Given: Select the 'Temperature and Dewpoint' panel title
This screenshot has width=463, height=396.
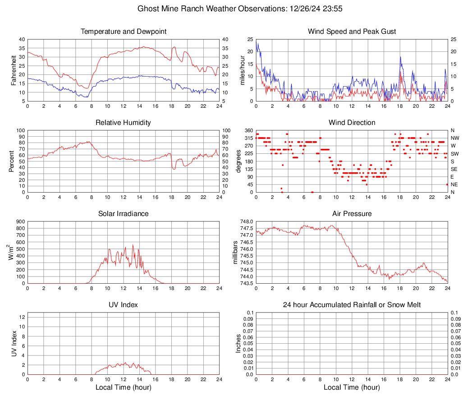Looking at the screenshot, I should [124, 32].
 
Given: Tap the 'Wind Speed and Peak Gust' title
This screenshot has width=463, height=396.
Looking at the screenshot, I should [352, 32].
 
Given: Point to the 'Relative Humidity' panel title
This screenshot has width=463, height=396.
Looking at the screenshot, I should [124, 123].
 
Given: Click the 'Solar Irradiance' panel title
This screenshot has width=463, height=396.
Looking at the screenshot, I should [124, 214].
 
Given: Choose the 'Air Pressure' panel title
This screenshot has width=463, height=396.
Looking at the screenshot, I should [352, 214].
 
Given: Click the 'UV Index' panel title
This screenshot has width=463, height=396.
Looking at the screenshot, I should [124, 305].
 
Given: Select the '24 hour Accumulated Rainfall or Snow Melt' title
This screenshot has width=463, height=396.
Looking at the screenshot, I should [352, 305].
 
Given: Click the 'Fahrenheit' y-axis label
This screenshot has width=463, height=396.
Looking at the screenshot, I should [12, 70].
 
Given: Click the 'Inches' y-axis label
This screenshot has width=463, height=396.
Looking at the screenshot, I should [239, 343].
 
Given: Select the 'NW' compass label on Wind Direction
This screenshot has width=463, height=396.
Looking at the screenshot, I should [455, 138].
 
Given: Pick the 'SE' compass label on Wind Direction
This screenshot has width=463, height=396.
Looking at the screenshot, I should [454, 169].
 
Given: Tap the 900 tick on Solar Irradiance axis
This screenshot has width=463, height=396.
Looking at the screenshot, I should [20, 221].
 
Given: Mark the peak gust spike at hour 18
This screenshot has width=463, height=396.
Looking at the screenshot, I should [400, 57].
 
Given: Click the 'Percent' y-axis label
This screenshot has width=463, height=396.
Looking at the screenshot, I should [12, 161].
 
